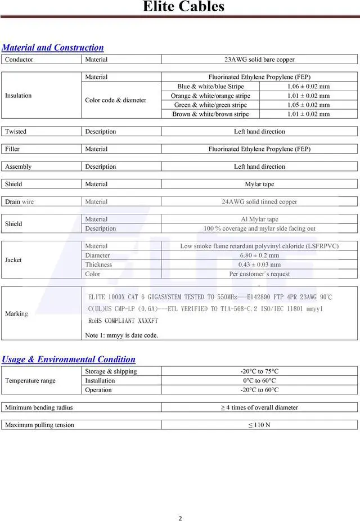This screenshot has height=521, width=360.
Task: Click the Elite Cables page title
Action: pos(183,7)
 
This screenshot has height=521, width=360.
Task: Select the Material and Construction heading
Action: pos(53,48)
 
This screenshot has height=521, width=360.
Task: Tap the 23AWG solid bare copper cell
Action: pos(259,60)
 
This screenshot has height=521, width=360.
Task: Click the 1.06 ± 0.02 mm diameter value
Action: pos(308,87)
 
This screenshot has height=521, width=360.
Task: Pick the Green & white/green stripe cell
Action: pos(210,105)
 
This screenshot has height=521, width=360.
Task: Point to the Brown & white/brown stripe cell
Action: pos(210,114)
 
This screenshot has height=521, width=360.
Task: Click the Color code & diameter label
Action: pos(115,100)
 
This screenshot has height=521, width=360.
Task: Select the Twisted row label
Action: pos(16,132)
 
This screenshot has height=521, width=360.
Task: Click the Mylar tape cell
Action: pos(259,184)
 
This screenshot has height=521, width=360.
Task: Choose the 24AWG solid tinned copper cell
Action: pos(259,201)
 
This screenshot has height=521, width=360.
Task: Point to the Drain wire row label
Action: pos(19,201)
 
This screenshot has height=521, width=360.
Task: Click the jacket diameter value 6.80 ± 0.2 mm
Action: pos(259,255)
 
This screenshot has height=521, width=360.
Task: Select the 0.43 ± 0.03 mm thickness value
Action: pos(259,264)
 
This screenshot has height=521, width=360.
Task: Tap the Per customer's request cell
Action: pos(259,274)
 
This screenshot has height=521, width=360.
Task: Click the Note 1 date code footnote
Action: pos(121,335)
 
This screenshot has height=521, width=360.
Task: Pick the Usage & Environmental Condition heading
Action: pos(69,360)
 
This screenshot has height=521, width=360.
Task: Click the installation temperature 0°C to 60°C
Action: pos(259,381)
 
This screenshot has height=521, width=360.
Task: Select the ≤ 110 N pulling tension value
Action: pos(259,425)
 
